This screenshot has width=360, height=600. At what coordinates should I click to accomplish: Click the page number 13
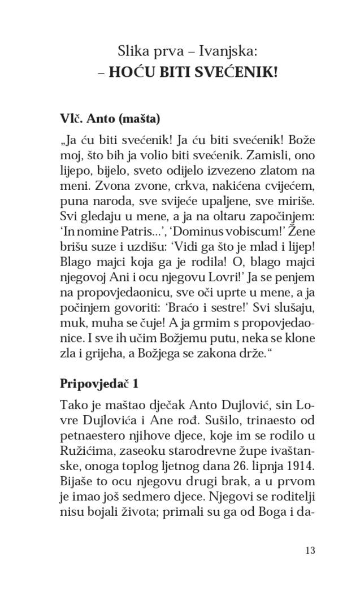(x=309, y=550)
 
